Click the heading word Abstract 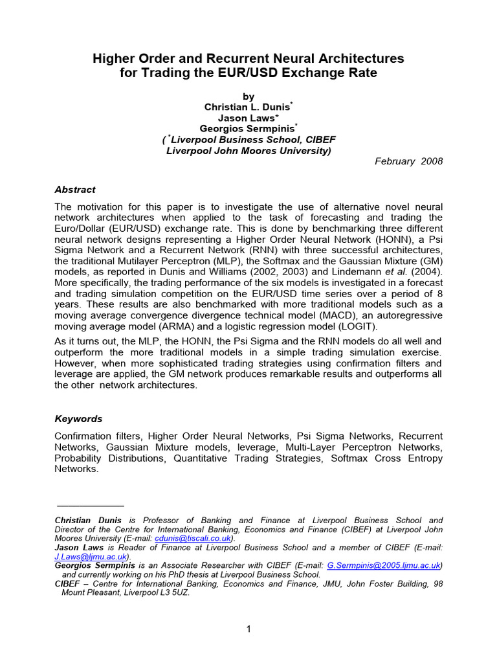[75, 190]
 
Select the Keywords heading [78, 419]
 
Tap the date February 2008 [409, 161]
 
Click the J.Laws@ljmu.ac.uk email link [92, 556]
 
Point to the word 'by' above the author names [248, 96]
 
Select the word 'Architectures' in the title [353, 59]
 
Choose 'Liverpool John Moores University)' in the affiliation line [248, 151]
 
